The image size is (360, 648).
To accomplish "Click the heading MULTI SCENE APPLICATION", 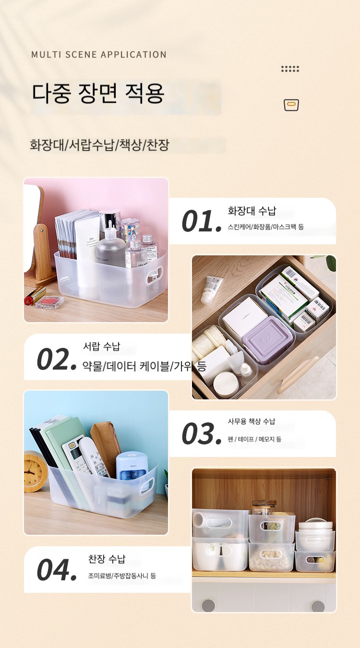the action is [x=99, y=55].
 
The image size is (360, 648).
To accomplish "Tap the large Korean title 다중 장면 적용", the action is [x=98, y=93].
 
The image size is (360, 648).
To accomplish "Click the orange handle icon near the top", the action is [x=291, y=105].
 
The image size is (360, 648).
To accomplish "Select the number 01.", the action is [x=202, y=221].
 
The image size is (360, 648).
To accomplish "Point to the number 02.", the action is [x=57, y=359].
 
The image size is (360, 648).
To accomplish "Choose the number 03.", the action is [x=202, y=433].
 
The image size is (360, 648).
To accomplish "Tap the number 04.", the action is [x=57, y=570].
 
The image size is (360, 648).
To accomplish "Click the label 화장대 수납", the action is [x=252, y=211].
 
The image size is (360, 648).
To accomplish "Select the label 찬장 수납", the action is [x=107, y=559].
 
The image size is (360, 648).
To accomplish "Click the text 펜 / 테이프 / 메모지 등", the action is [x=254, y=439].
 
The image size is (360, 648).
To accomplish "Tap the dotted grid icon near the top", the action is [x=290, y=69].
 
